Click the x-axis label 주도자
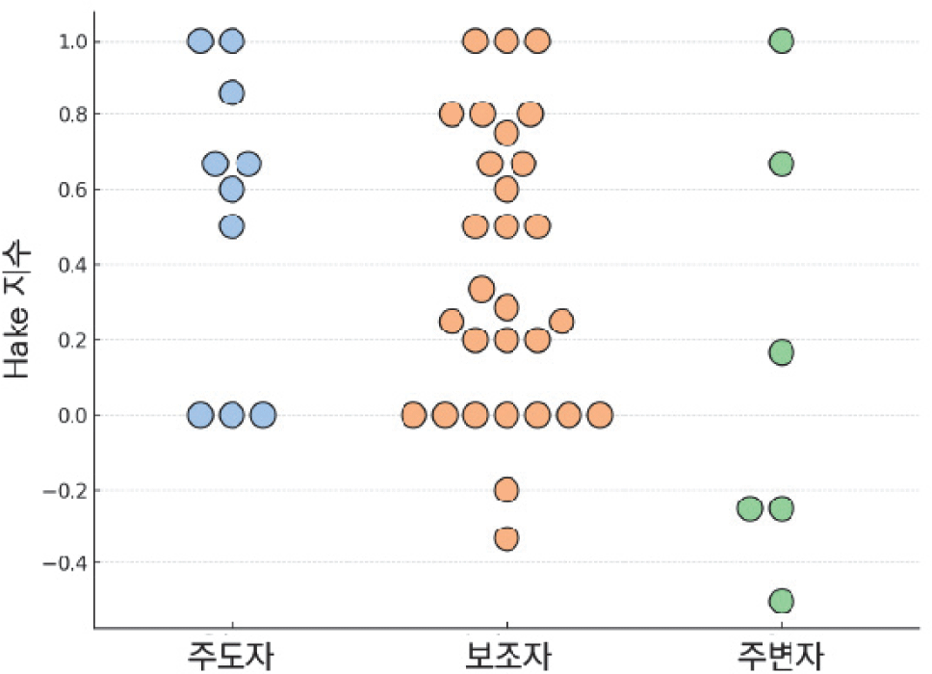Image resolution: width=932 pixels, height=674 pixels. tap(231, 655)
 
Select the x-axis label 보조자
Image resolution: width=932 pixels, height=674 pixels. tap(506, 655)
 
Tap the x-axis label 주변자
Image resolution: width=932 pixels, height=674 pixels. tap(781, 655)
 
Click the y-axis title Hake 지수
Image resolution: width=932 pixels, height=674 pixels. tap(19, 310)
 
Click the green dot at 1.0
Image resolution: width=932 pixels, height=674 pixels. tap(781, 40)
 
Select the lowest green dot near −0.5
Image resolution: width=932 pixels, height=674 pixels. tap(781, 601)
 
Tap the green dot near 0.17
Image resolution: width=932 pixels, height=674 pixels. tap(781, 352)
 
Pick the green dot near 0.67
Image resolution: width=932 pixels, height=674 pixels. tap(781, 164)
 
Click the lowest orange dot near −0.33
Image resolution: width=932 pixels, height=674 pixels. tap(506, 538)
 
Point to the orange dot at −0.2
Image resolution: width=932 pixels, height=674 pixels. tap(506, 490)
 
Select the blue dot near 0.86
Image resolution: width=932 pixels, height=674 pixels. tap(231, 92)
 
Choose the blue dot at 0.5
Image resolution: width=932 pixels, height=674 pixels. tap(231, 226)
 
